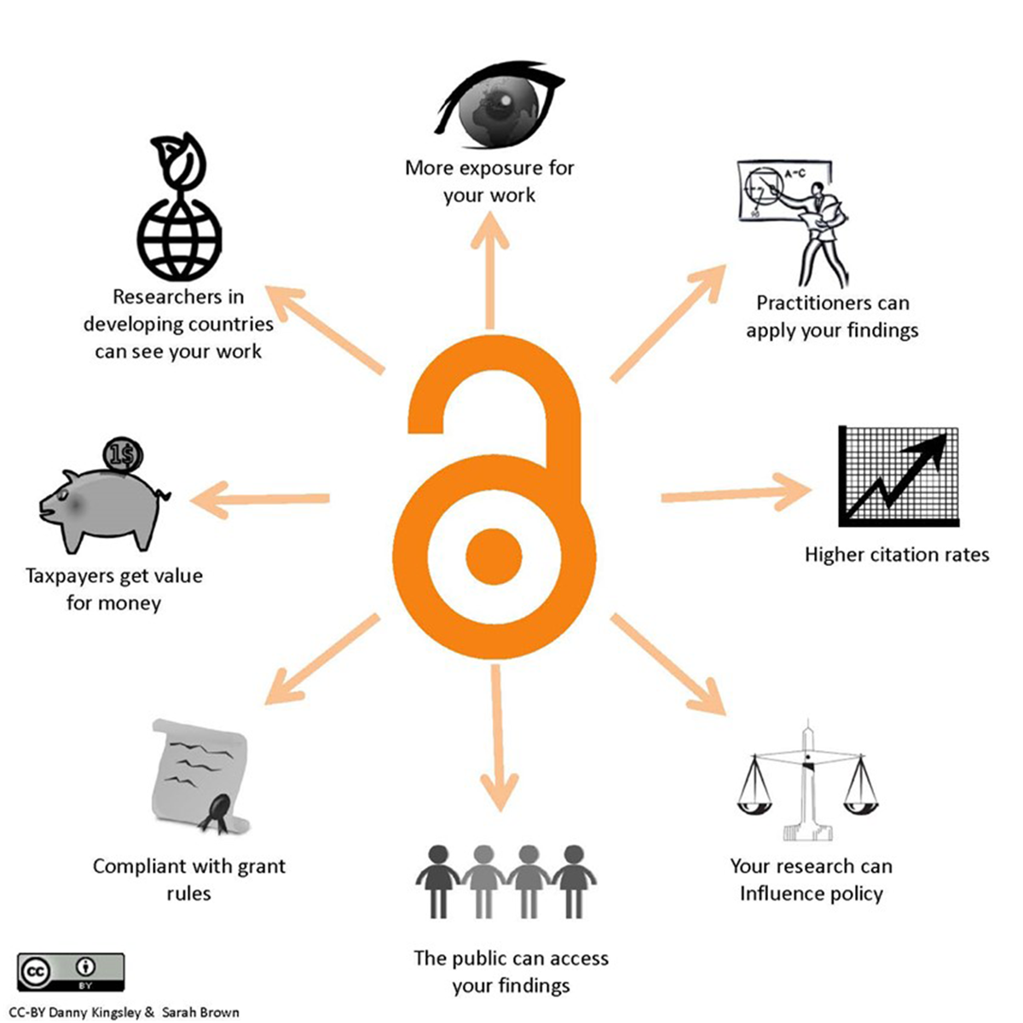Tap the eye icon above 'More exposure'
[499, 107]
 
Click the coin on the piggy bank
[123, 456]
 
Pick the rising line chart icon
[899, 477]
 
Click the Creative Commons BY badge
[72, 972]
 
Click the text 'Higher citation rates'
[897, 555]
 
